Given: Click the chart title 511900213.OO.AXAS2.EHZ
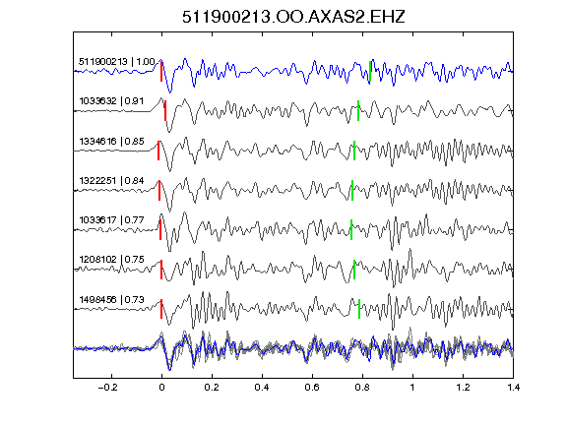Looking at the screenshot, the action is coord(293,17).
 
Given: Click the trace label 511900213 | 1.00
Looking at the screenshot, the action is coord(117,62).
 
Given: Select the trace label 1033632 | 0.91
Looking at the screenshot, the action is coord(111,100).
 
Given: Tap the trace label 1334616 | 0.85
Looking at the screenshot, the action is coord(111,141).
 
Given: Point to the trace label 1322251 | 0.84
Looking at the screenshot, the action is coord(111,180).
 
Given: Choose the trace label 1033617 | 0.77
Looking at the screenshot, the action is coord(111,219).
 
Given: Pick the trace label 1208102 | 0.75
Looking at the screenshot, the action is coord(111,260).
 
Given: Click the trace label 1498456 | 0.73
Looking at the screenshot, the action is coord(111,300).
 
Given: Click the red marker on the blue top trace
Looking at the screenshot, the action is coord(161,72).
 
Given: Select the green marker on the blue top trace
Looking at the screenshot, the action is coord(370,72).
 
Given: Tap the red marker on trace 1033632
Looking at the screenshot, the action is coord(165,110).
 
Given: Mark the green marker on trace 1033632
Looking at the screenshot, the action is coord(358,110).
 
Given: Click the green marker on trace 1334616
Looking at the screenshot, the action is coord(354,151).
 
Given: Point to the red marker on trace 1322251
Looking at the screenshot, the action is coord(159,190).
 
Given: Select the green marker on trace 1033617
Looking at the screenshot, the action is coord(351,229).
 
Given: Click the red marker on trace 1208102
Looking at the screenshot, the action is coord(161,270).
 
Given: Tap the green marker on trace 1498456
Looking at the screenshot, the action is coord(359,309).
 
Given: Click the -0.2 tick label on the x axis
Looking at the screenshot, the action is coord(108,388).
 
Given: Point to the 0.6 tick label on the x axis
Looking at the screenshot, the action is coord(312,388).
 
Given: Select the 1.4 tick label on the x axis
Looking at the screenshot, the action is coord(513,388).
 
